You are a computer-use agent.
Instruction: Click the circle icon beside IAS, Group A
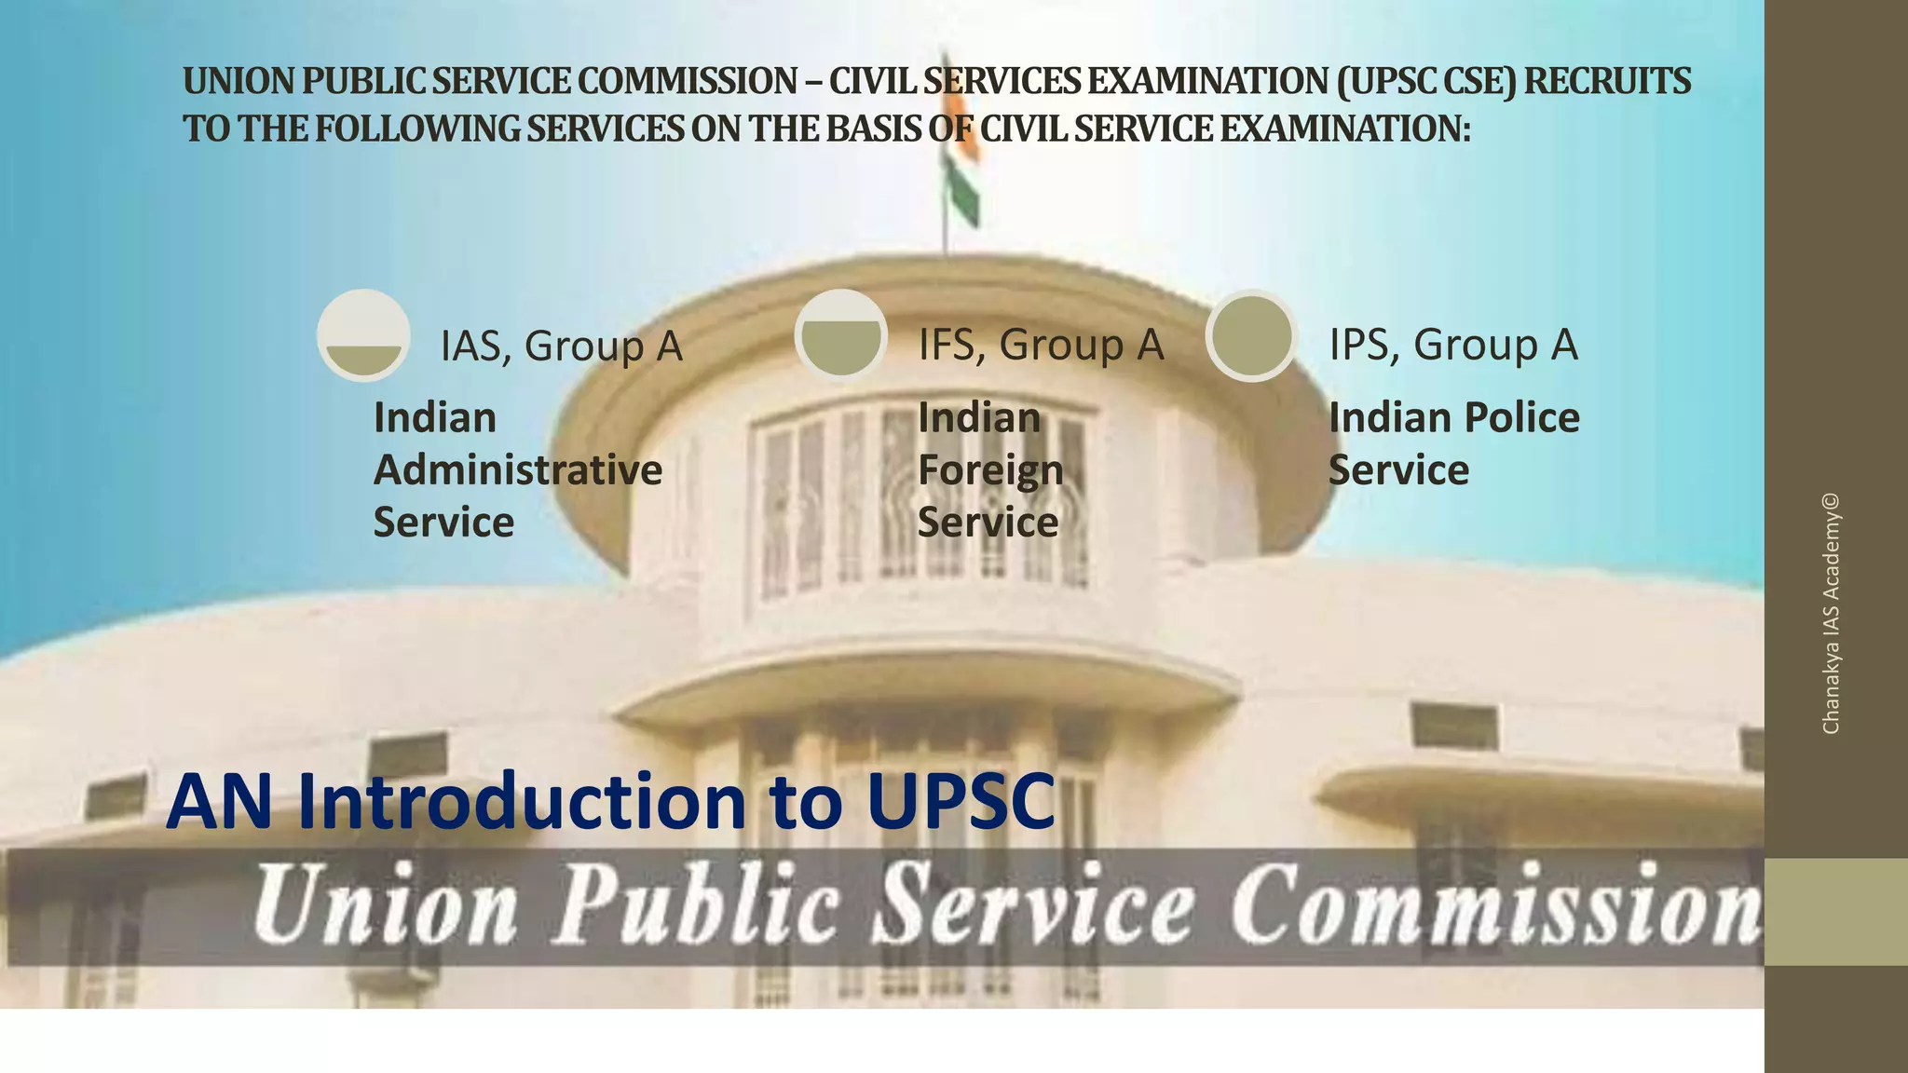pyautogui.click(x=363, y=335)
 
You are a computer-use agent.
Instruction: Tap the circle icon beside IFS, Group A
pyautogui.click(x=840, y=334)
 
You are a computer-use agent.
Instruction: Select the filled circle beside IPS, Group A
pyautogui.click(x=1251, y=335)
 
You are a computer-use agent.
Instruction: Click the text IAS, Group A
pyautogui.click(x=562, y=346)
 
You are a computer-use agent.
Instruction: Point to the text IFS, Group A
pyautogui.click(x=1041, y=345)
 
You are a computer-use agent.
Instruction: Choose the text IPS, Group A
pyautogui.click(x=1452, y=345)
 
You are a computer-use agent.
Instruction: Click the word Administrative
pyautogui.click(x=518, y=469)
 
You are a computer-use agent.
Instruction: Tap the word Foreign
pyautogui.click(x=990, y=470)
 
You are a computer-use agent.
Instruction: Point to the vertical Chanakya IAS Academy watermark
pyautogui.click(x=1831, y=614)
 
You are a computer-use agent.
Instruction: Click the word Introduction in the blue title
pyautogui.click(x=523, y=802)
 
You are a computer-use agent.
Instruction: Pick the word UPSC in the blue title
pyautogui.click(x=961, y=802)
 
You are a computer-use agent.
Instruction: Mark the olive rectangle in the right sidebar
pyautogui.click(x=1835, y=912)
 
